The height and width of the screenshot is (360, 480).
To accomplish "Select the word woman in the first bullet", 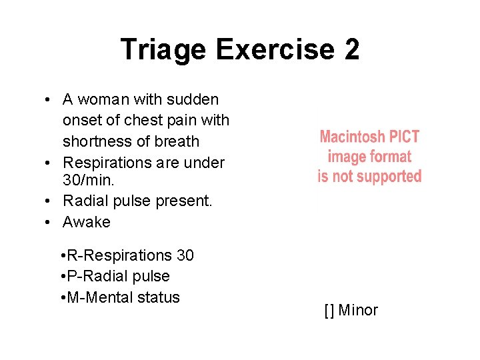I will (x=105, y=100).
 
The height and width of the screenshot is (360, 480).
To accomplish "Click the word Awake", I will (x=87, y=222).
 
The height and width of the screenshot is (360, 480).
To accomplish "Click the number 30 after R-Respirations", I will (x=185, y=255).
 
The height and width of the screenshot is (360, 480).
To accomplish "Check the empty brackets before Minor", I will (x=329, y=310).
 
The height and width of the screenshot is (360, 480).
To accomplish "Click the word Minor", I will (x=358, y=310).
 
